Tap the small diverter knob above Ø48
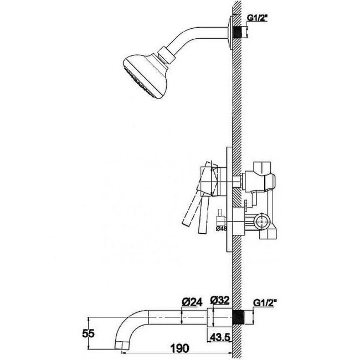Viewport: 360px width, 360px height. (x=219, y=213)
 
